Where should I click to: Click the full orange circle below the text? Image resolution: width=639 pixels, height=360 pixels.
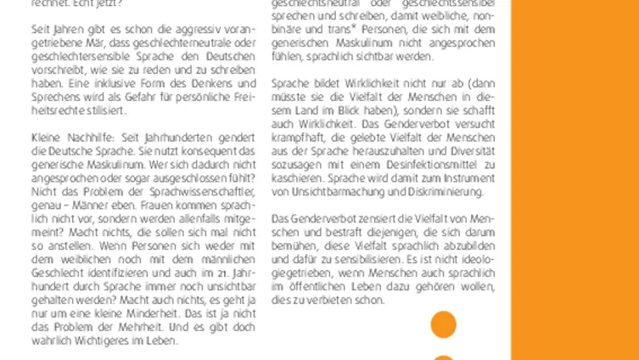[x=443, y=323]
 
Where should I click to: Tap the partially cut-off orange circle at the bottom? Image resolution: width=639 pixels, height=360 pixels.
[x=443, y=357]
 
